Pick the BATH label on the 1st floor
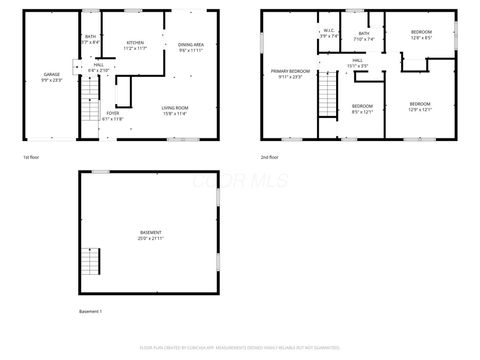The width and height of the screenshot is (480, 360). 90,39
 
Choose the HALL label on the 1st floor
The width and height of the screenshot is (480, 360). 98,67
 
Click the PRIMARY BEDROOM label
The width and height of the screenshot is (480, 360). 290,73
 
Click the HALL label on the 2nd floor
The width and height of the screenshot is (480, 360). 358,63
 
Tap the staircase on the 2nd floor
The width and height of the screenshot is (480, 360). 328,97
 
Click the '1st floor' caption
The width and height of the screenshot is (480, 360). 32,157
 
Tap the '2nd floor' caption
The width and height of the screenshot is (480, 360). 270,157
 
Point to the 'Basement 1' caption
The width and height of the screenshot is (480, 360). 91,312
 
